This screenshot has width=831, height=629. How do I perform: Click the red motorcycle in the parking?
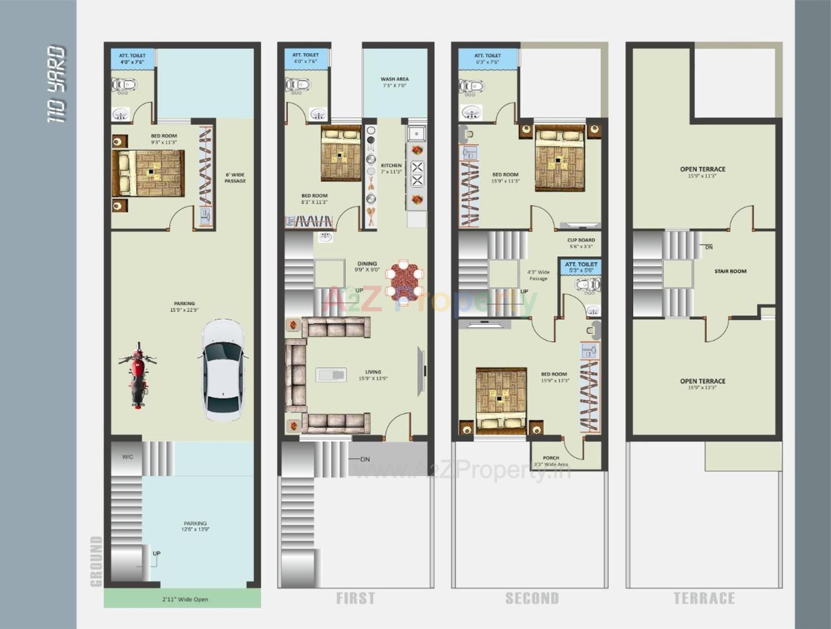click(138, 375)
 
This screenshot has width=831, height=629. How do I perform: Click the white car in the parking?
click(223, 370)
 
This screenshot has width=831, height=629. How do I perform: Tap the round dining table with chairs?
click(404, 281)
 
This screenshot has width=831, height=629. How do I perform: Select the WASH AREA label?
click(394, 82)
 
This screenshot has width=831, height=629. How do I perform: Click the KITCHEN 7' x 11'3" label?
click(391, 168)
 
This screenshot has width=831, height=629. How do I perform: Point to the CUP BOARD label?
click(581, 243)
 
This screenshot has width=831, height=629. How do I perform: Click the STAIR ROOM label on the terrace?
click(730, 271)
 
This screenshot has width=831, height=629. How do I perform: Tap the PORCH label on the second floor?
click(551, 461)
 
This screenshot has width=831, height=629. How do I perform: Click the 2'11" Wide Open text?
click(185, 599)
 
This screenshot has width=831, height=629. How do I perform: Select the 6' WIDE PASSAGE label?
click(235, 178)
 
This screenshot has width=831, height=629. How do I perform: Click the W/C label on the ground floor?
click(127, 457)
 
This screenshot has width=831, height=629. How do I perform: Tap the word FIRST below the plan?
click(355, 598)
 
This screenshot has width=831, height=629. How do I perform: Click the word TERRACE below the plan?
click(704, 598)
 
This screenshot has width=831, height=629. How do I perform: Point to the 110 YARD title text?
click(57, 84)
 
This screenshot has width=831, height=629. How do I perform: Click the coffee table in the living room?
click(331, 374)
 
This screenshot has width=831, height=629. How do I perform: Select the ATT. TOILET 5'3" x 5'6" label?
click(581, 267)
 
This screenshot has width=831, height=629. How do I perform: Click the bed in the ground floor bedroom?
click(148, 173)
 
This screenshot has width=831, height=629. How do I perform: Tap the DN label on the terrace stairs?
click(709, 247)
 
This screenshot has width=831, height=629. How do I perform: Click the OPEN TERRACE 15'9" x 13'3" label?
click(702, 384)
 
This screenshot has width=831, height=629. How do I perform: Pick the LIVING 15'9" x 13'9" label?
click(373, 375)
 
